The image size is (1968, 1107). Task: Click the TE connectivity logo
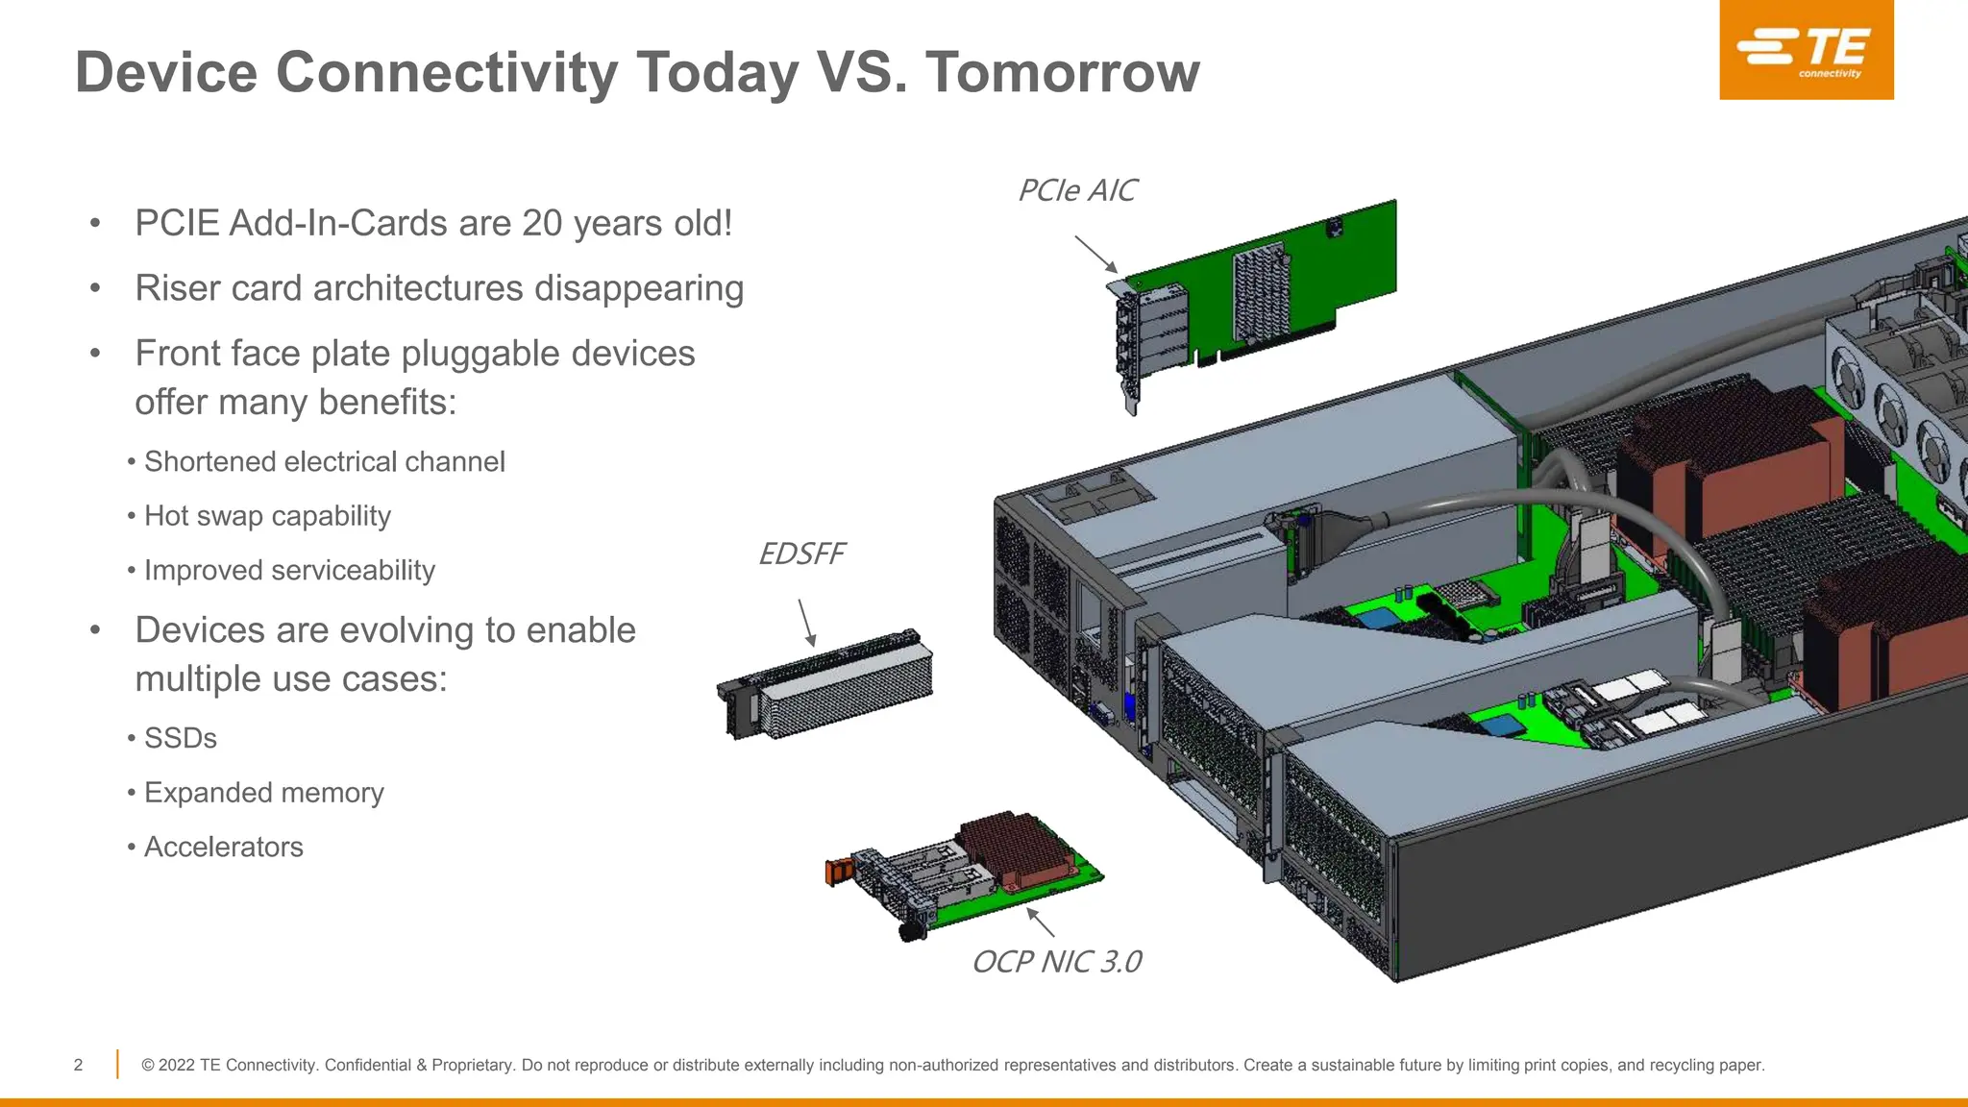(1806, 50)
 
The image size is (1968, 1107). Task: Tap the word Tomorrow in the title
(1062, 73)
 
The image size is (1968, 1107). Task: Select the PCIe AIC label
(1076, 191)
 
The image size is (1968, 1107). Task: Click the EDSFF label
(800, 554)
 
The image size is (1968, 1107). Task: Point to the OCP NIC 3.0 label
(1056, 962)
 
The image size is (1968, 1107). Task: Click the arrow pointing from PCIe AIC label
(1095, 255)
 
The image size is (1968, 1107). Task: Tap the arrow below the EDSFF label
(807, 623)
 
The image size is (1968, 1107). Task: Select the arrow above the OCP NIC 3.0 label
(1041, 922)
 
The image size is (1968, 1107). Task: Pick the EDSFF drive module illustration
(826, 684)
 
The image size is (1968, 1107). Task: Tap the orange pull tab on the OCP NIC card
(838, 871)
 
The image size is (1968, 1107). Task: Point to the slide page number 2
(79, 1065)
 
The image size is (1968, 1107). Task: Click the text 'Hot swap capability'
(267, 516)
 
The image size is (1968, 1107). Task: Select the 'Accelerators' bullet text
(223, 848)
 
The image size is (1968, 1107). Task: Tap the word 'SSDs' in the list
(181, 738)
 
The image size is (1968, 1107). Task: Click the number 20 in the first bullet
(542, 224)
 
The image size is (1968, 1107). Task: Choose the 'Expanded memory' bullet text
(263, 793)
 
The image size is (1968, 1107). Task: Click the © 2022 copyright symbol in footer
(148, 1065)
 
